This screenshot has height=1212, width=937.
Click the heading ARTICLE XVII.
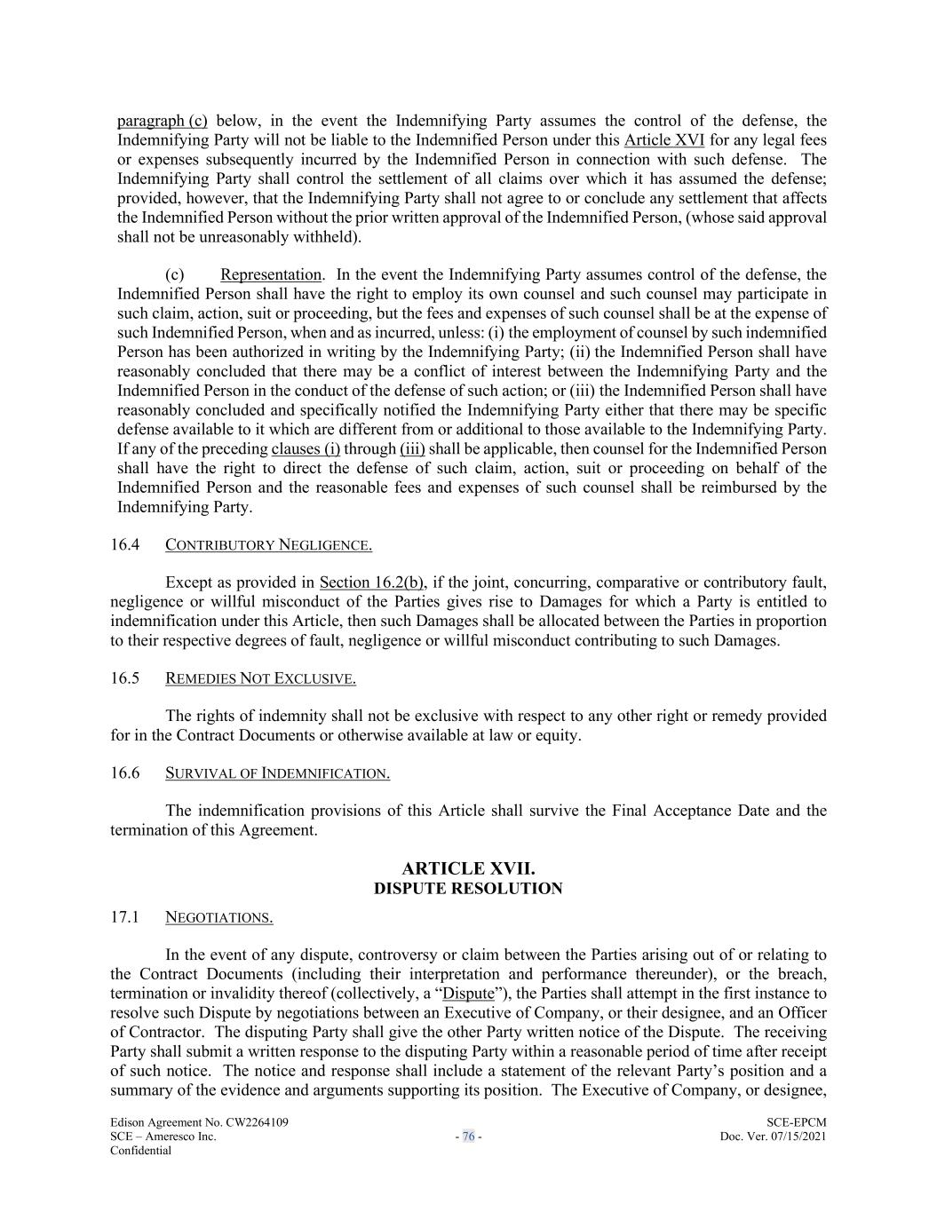tap(468, 868)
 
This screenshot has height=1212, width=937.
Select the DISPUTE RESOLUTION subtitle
tap(468, 889)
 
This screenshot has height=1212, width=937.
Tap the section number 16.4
tap(125, 544)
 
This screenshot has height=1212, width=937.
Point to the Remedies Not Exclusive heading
tap(260, 678)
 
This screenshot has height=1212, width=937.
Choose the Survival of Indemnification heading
tap(277, 773)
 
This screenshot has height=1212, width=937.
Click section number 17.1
tap(125, 917)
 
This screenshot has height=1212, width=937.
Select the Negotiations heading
tap(218, 918)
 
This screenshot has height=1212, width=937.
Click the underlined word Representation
tap(271, 275)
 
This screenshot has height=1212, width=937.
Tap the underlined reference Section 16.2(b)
tap(371, 582)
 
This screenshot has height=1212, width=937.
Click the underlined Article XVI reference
tap(664, 140)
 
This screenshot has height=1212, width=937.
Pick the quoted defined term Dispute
tap(468, 994)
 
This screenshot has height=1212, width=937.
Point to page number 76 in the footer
tap(468, 1137)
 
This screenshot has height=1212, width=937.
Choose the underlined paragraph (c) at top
tap(163, 121)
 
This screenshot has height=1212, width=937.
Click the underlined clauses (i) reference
tap(306, 448)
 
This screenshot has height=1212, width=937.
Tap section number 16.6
tap(125, 772)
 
